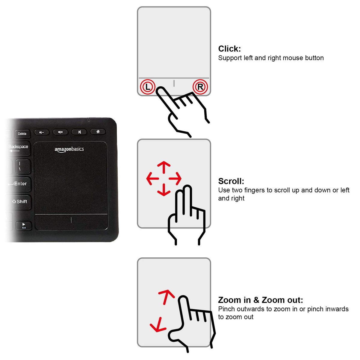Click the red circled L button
coord(148,87)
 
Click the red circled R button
coord(200,87)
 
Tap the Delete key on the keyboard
coord(22,134)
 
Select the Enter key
coord(19,184)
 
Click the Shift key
coord(20,202)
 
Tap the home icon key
coord(98,132)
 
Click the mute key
coord(79,132)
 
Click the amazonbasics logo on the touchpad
coord(69,149)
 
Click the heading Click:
coord(229,49)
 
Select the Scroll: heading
coord(231,181)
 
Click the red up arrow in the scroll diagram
coord(164,167)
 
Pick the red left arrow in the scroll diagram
coord(153,178)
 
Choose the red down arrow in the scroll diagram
coord(164,190)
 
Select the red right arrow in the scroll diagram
coord(175,178)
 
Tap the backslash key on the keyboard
coord(23,166)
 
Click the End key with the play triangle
coord(24,226)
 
